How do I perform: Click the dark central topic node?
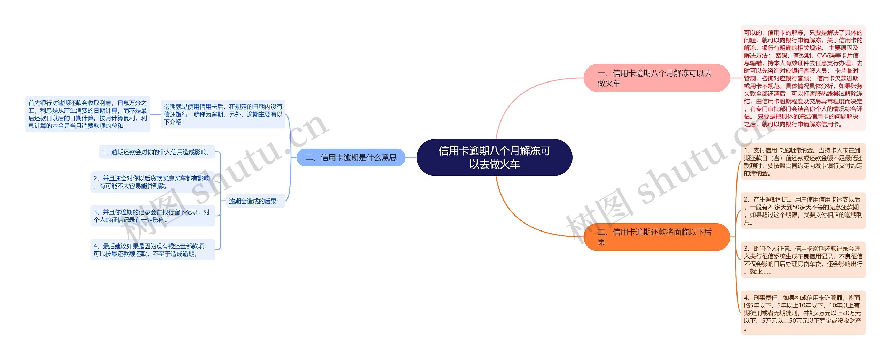(494, 157)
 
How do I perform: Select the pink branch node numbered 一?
(656, 78)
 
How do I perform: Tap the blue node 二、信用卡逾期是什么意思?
(351, 157)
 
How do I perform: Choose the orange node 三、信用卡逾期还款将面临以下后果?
(656, 237)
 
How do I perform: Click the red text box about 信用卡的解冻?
(803, 78)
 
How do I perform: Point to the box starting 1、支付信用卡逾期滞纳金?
(803, 162)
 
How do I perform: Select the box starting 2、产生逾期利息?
(803, 211)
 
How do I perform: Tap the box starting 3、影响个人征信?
(803, 260)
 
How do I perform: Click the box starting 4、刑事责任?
(803, 313)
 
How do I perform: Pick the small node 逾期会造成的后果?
(255, 201)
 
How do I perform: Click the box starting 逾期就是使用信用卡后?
(223, 114)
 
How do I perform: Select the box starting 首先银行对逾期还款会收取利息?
(87, 114)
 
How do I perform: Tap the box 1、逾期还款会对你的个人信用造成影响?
(157, 152)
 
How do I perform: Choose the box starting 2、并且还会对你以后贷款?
(152, 182)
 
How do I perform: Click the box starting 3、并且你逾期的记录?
(152, 216)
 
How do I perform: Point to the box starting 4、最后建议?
(152, 250)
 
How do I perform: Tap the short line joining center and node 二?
(411, 157)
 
